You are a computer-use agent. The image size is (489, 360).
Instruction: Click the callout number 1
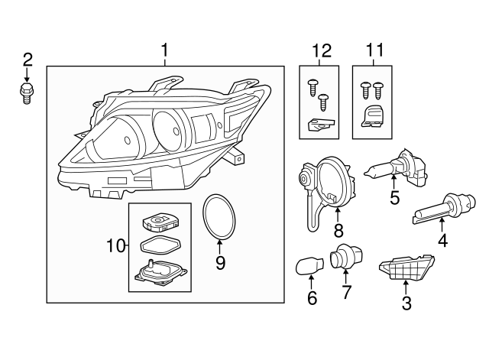tap(164, 51)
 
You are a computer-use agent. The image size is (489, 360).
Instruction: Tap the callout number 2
tap(28, 59)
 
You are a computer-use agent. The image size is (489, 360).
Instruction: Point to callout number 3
tap(406, 304)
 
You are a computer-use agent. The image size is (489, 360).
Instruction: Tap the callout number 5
tap(393, 198)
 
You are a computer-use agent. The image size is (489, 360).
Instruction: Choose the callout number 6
tap(311, 298)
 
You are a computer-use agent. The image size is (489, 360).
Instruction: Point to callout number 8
tap(338, 229)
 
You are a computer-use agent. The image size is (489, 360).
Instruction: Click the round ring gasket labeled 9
tap(219, 217)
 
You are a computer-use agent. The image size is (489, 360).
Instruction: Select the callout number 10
tap(115, 245)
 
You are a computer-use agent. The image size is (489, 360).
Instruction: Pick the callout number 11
tap(374, 51)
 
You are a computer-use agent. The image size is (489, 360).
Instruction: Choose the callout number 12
tap(322, 51)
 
